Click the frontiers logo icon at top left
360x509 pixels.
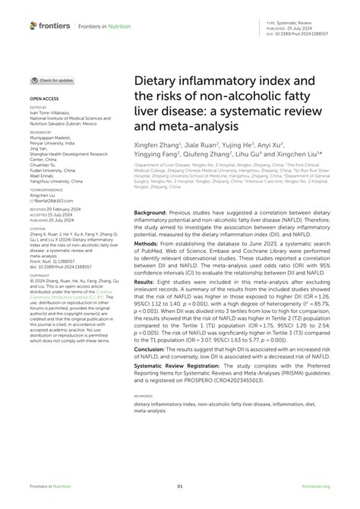(x=33, y=26)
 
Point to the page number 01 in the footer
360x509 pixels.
(x=180, y=487)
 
